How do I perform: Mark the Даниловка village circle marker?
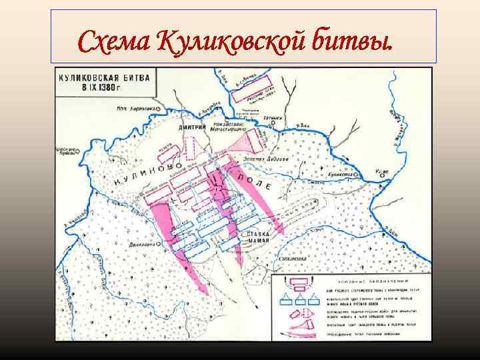[161, 245]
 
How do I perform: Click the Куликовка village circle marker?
[360, 172]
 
